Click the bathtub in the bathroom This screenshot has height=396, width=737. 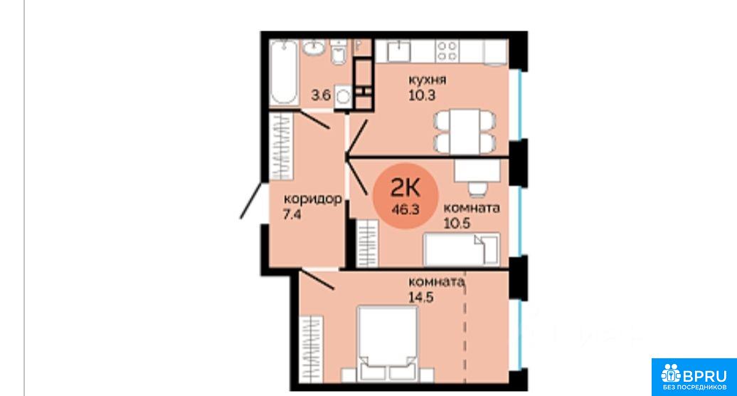pos(284,73)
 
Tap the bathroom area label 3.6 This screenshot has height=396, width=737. pos(321,95)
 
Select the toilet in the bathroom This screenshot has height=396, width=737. pos(338,52)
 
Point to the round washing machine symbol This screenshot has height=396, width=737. pos(344,96)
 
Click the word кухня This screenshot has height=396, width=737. pos(427,80)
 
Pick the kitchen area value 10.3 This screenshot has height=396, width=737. pos(422,95)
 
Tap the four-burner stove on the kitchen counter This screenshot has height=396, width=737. pos(447,51)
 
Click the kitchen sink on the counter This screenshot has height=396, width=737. pos(398,51)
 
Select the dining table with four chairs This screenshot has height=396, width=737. pos(465,131)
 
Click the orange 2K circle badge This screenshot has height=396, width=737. pos(405,196)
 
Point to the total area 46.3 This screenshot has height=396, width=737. pos(405,210)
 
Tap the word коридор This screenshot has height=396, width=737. pos(312,199)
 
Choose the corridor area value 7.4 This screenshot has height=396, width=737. pos(292,214)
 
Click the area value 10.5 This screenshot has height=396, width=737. pos(457,223)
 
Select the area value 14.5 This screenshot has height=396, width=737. pos(421,297)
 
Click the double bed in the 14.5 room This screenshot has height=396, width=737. pos(387,343)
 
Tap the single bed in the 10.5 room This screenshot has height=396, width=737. pos(461,249)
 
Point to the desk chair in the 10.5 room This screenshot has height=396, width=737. pos(477,189)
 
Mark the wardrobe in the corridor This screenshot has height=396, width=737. pos(282,146)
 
